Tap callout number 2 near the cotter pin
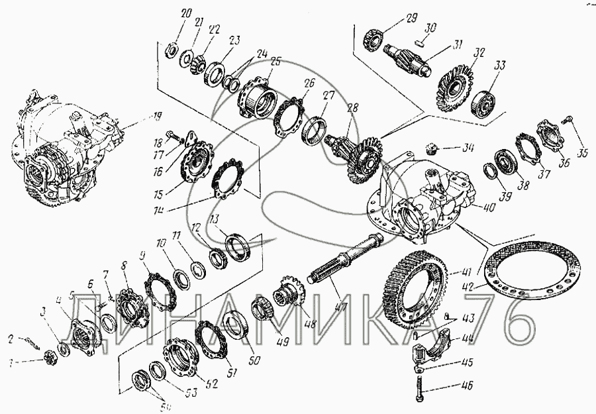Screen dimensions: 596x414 pyautogui.click(x=11, y=339)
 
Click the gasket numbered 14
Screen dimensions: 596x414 pyautogui.click(x=228, y=179)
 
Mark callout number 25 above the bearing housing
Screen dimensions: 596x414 pyautogui.click(x=275, y=61)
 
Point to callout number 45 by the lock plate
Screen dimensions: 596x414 pyautogui.click(x=468, y=362)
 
